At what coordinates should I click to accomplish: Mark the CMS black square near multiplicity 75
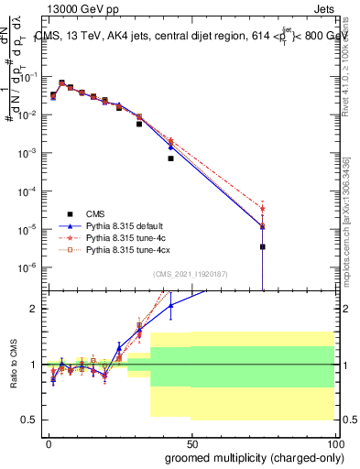click(262, 246)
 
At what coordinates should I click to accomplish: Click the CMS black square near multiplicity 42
click(170, 158)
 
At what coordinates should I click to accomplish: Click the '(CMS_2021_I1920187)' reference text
click(189, 273)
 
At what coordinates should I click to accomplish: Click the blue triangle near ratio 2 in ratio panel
click(170, 305)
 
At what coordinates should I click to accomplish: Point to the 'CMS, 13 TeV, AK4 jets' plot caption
click(93, 36)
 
